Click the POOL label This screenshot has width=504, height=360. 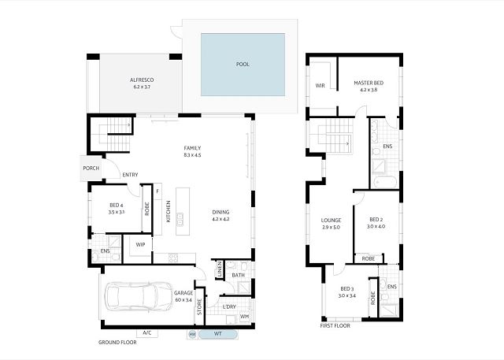[243, 65]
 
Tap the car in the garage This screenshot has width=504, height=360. [139, 296]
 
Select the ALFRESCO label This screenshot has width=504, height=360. [142, 80]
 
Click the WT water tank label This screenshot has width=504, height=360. [218, 334]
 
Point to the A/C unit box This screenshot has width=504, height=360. [147, 333]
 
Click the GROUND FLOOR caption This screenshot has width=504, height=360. [117, 343]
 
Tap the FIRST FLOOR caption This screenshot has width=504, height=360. [335, 326]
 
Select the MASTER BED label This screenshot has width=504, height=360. [369, 83]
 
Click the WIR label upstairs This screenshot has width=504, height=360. [321, 86]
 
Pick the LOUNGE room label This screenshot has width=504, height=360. [331, 221]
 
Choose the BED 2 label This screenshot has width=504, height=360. [376, 220]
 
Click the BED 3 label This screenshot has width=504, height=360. [347, 289]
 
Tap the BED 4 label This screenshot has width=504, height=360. [117, 206]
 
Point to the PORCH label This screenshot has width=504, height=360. [91, 168]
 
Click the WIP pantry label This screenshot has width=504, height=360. [140, 245]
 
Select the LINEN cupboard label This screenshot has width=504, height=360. [220, 269]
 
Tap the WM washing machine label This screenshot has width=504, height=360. [245, 317]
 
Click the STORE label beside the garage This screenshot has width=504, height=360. [199, 307]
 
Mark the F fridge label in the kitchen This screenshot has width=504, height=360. [157, 191]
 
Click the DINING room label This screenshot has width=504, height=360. [220, 212]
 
